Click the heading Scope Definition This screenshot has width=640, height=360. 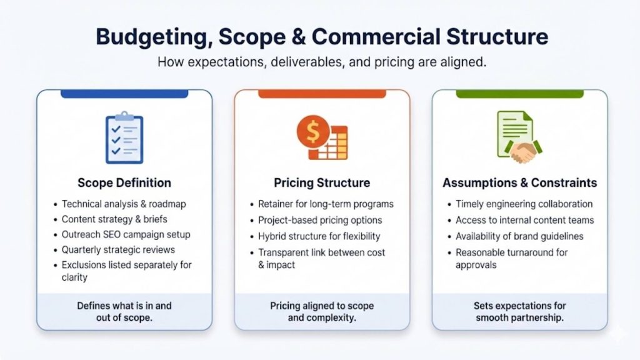(124, 183)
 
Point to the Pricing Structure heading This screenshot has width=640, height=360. (322, 183)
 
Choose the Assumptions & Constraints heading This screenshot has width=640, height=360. (519, 183)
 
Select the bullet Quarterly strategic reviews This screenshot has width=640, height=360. (118, 250)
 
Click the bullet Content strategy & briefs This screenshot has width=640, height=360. (114, 219)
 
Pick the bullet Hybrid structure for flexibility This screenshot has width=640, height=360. (319, 236)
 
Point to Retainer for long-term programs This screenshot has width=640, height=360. (326, 204)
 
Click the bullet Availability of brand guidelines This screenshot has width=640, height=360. (519, 236)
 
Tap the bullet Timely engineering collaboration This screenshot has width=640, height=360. (524, 204)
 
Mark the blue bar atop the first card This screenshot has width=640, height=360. (124, 94)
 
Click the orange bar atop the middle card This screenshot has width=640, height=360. (322, 94)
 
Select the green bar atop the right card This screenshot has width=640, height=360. (519, 94)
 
